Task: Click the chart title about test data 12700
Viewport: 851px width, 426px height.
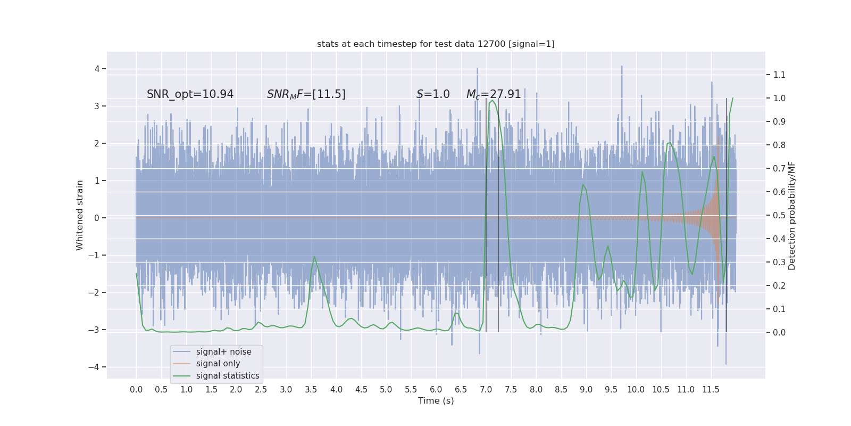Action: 436,44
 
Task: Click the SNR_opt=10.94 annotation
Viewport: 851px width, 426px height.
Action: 190,94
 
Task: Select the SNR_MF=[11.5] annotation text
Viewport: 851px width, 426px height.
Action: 306,94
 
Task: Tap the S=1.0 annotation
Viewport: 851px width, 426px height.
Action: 433,94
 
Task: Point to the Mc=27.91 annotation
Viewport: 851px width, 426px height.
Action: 494,94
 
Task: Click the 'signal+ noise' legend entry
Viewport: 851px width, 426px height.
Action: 223,352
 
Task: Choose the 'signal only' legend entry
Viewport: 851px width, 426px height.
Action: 218,364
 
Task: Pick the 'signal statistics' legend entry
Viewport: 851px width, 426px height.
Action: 227,376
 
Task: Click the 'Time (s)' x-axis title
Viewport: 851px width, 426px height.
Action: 436,401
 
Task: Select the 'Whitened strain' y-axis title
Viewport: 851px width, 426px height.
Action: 80,215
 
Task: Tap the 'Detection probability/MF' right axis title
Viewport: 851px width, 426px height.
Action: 792,215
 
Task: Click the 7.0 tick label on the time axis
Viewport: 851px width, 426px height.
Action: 486,390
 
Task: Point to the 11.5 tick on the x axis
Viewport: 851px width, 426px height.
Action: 711,390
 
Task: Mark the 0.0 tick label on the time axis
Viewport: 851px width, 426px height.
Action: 136,390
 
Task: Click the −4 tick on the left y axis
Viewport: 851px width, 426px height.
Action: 96,367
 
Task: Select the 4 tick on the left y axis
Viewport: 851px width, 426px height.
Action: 97,69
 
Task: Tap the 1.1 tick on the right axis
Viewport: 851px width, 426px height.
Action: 779,75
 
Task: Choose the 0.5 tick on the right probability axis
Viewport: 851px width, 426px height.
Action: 779,215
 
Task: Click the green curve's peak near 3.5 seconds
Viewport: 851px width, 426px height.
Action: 314,257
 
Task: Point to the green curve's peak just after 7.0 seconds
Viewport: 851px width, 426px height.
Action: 493,100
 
